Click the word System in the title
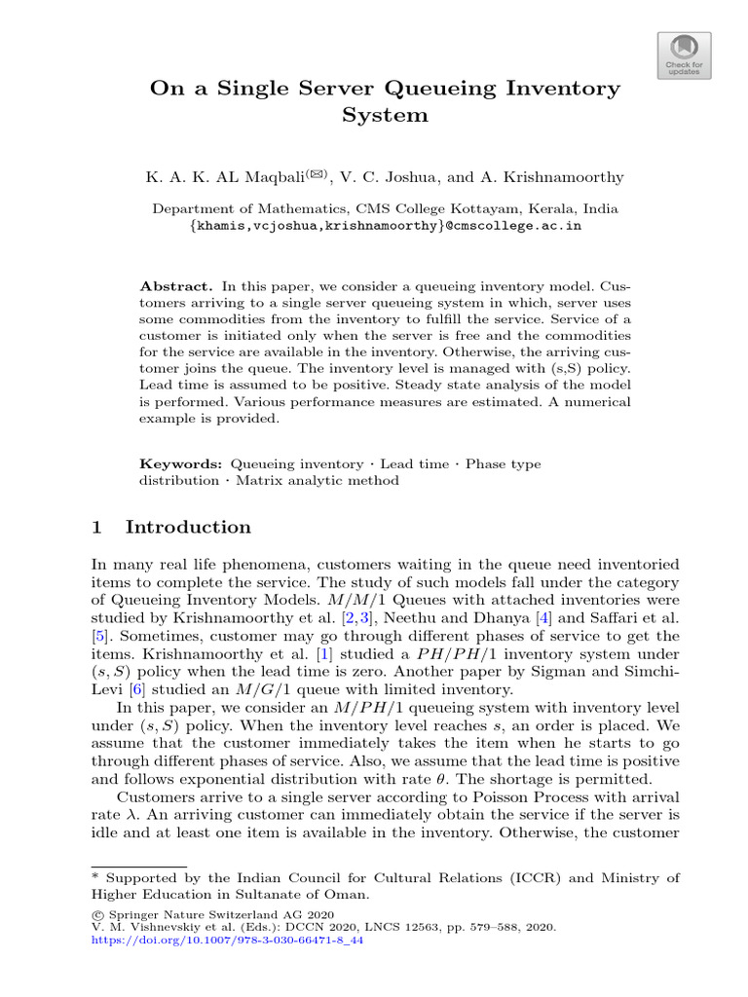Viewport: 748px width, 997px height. click(x=385, y=115)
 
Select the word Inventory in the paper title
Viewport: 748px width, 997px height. click(x=559, y=88)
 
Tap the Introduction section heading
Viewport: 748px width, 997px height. click(x=188, y=528)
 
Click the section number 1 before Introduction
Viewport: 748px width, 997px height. click(x=96, y=528)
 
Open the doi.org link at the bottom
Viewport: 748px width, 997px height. click(x=226, y=942)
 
